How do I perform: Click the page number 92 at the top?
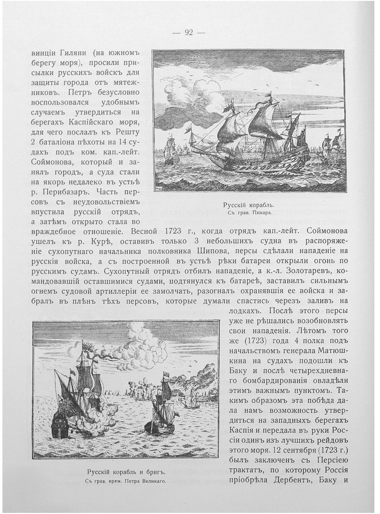(x=188, y=33)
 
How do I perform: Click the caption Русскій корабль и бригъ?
(x=125, y=472)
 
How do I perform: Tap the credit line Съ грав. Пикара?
(x=249, y=213)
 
